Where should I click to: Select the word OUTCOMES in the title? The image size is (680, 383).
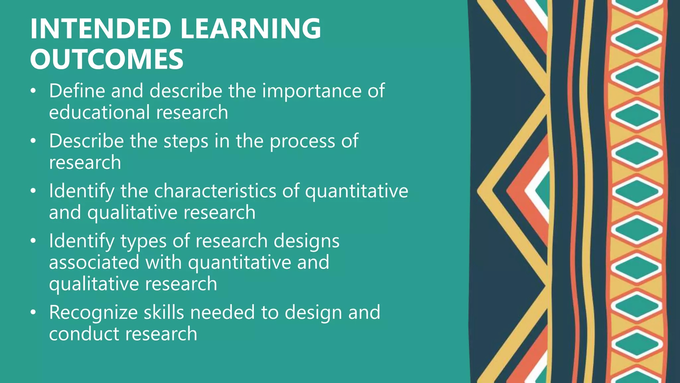point(107,59)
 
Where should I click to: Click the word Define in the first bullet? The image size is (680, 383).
point(77,91)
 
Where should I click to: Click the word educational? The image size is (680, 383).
point(99,112)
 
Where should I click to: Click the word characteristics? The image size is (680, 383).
point(214,191)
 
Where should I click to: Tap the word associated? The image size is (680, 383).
point(94,263)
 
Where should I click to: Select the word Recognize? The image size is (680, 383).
point(93,313)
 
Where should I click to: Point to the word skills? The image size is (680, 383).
point(164,313)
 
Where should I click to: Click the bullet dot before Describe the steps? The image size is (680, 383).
point(33,141)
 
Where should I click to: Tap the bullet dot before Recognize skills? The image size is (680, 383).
point(33,313)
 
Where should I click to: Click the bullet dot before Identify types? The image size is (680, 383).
point(33,241)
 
